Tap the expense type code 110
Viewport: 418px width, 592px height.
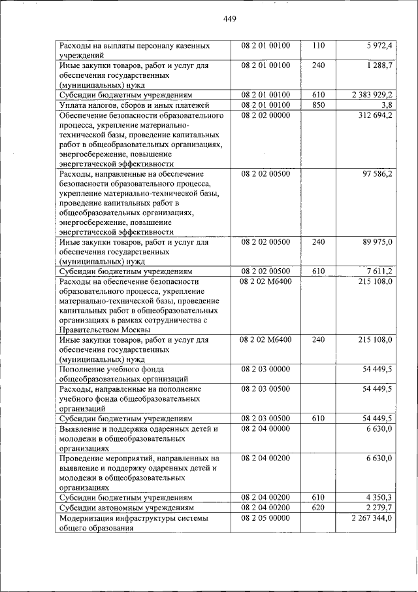pos(318,46)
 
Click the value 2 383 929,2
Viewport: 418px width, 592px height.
pos(372,95)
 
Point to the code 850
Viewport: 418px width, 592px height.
pos(318,105)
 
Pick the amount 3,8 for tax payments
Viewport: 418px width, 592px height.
pos(386,105)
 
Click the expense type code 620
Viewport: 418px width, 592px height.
pos(318,507)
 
